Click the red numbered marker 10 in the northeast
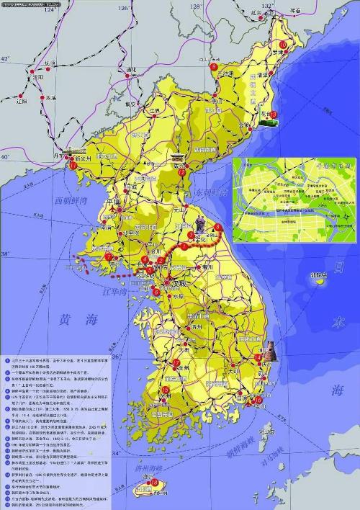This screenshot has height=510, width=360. coord(282,45)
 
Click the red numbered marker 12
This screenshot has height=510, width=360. coord(181,172)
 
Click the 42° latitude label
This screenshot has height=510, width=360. coord(6,58)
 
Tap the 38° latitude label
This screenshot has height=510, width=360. coord(6,254)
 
